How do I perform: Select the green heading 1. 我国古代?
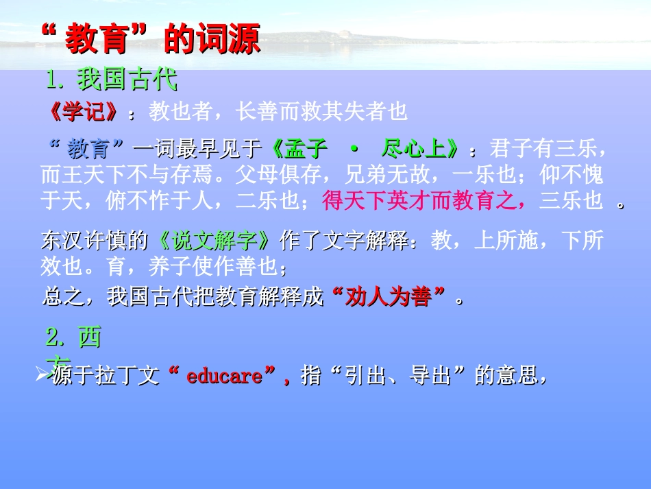pos(112,80)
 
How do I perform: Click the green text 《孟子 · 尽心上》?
pos(364,149)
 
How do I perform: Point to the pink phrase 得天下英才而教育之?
pos(425,201)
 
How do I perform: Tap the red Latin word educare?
pos(224,377)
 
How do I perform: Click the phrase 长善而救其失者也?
pos(321,112)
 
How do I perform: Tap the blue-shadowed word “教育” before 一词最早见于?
pos(88,149)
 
